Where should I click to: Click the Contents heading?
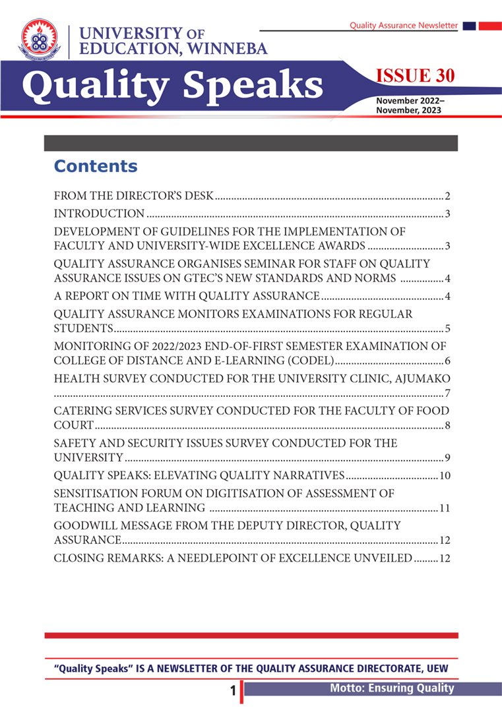click(x=96, y=166)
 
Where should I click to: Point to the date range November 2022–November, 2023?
click(x=410, y=105)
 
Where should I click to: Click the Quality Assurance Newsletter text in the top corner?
click(x=403, y=25)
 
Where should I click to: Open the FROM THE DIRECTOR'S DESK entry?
click(x=134, y=196)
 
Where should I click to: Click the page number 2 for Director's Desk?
click(x=447, y=196)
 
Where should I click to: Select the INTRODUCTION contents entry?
click(x=99, y=214)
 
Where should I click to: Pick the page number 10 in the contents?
click(x=444, y=476)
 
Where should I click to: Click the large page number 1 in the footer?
click(x=233, y=691)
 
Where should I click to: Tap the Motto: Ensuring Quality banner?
click(x=392, y=688)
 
